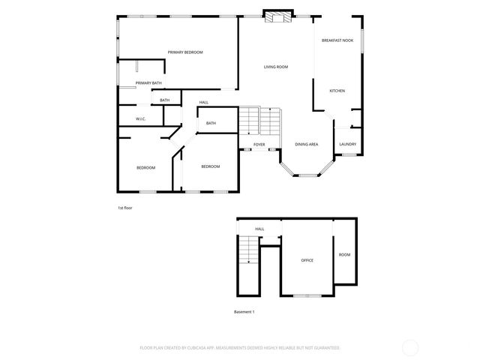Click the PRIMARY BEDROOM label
click(x=185, y=52)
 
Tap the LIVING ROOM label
click(x=275, y=67)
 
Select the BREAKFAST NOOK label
click(x=337, y=40)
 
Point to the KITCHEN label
click(x=337, y=91)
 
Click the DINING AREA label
click(x=306, y=144)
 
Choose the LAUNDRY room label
click(x=347, y=144)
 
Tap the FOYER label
click(x=259, y=144)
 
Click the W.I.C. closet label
click(x=140, y=119)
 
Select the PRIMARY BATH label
click(x=148, y=83)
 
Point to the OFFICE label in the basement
click(x=307, y=260)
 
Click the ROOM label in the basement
click(x=344, y=255)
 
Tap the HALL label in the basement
click(x=259, y=229)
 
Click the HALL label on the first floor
click(x=203, y=103)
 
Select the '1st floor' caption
click(x=125, y=207)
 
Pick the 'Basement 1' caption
click(x=244, y=311)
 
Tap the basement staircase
click(x=248, y=250)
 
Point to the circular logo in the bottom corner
click(x=410, y=347)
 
